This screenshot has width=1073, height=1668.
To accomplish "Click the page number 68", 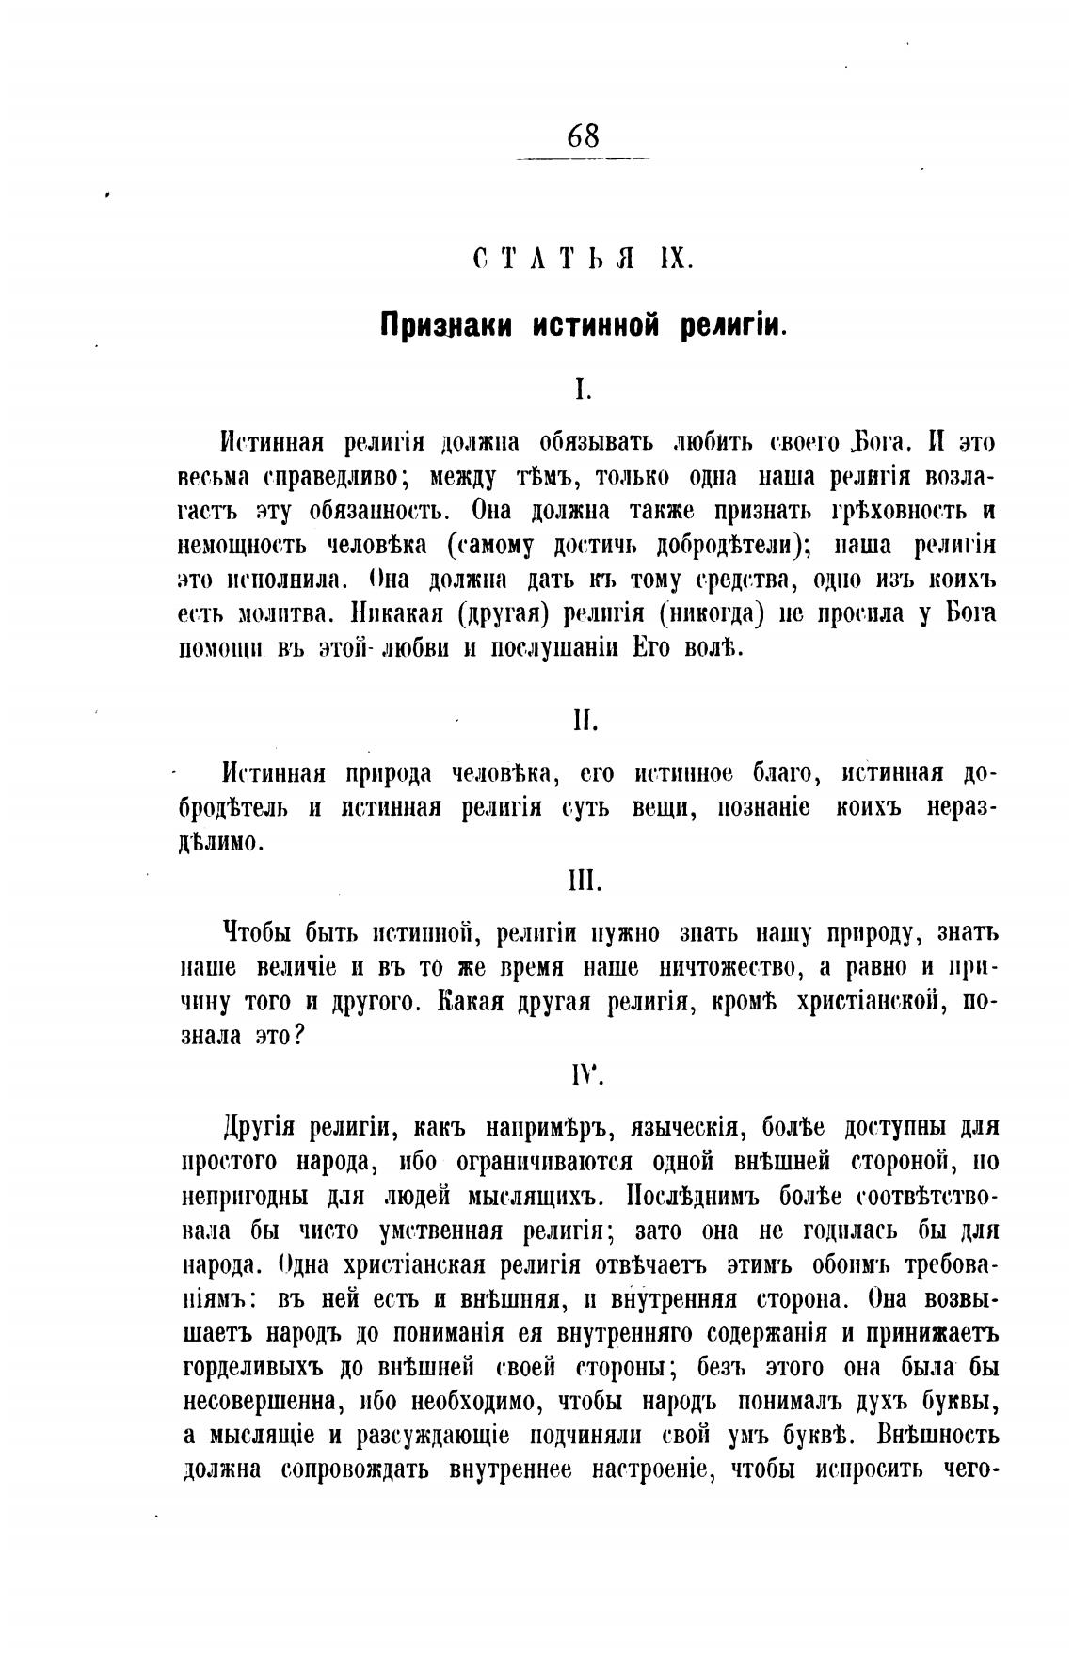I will point(584,136).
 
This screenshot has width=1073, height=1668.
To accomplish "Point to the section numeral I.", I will point(583,389).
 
